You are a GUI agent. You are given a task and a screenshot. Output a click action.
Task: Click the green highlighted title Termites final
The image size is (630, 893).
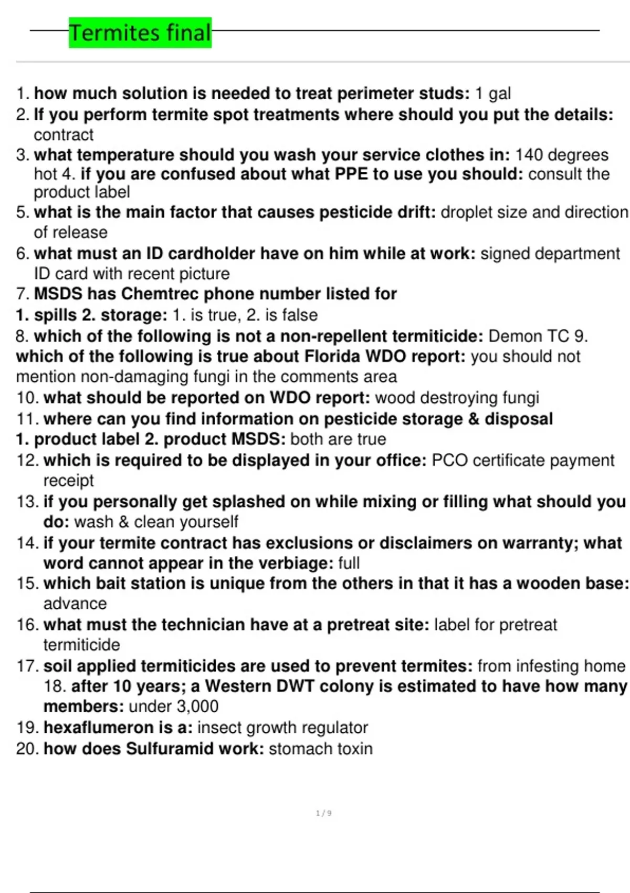click(x=140, y=33)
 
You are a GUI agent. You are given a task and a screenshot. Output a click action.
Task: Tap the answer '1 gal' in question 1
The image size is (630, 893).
click(x=492, y=94)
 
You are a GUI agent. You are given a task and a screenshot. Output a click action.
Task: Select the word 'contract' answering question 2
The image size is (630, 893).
click(x=64, y=135)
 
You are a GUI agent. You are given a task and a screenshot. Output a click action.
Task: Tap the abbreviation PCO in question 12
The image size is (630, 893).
click(x=449, y=460)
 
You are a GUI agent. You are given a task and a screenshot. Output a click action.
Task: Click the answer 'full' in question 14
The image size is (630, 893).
click(x=349, y=563)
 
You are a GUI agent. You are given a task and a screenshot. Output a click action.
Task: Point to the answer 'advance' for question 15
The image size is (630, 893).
click(x=75, y=604)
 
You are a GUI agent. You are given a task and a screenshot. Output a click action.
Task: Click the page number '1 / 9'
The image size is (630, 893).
click(x=323, y=813)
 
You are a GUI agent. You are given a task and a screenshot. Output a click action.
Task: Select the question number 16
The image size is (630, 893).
click(x=27, y=625)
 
